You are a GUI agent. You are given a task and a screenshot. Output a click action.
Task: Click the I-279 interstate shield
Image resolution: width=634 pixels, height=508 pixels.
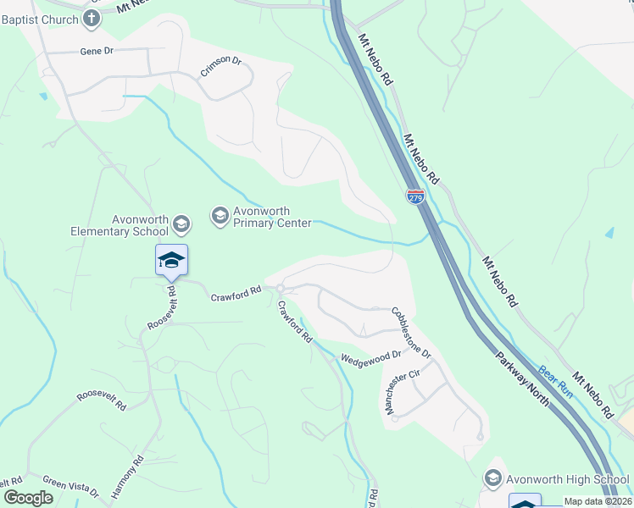pos(415,196)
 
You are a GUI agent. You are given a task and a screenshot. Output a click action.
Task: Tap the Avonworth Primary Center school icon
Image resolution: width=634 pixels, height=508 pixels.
pos(220,216)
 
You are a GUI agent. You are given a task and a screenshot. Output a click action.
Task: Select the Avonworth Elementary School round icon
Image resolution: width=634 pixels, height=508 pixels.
pos(181,224)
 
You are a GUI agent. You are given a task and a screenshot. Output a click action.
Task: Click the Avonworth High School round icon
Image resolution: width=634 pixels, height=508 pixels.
pos(492,479)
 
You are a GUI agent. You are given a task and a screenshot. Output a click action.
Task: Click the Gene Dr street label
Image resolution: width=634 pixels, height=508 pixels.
pos(97,51)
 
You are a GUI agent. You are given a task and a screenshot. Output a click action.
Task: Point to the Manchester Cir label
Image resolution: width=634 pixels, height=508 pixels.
pos(403,392)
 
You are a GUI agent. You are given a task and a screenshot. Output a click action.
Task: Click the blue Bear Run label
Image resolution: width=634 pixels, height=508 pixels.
pos(556,382)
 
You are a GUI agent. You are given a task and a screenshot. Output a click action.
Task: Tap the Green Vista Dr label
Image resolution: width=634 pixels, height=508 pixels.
pos(71,487)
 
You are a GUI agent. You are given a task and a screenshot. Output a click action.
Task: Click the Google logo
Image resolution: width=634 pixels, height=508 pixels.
pos(28,498)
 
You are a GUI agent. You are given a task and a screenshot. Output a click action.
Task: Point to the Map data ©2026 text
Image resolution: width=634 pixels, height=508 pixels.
pos(598,501)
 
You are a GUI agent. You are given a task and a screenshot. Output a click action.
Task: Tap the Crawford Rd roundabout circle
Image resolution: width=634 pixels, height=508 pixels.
pos(280,289)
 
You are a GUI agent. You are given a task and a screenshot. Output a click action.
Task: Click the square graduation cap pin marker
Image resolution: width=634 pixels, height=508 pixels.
pos(171,259)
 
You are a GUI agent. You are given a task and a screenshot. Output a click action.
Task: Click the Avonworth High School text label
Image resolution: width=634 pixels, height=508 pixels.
pos(568,479)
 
